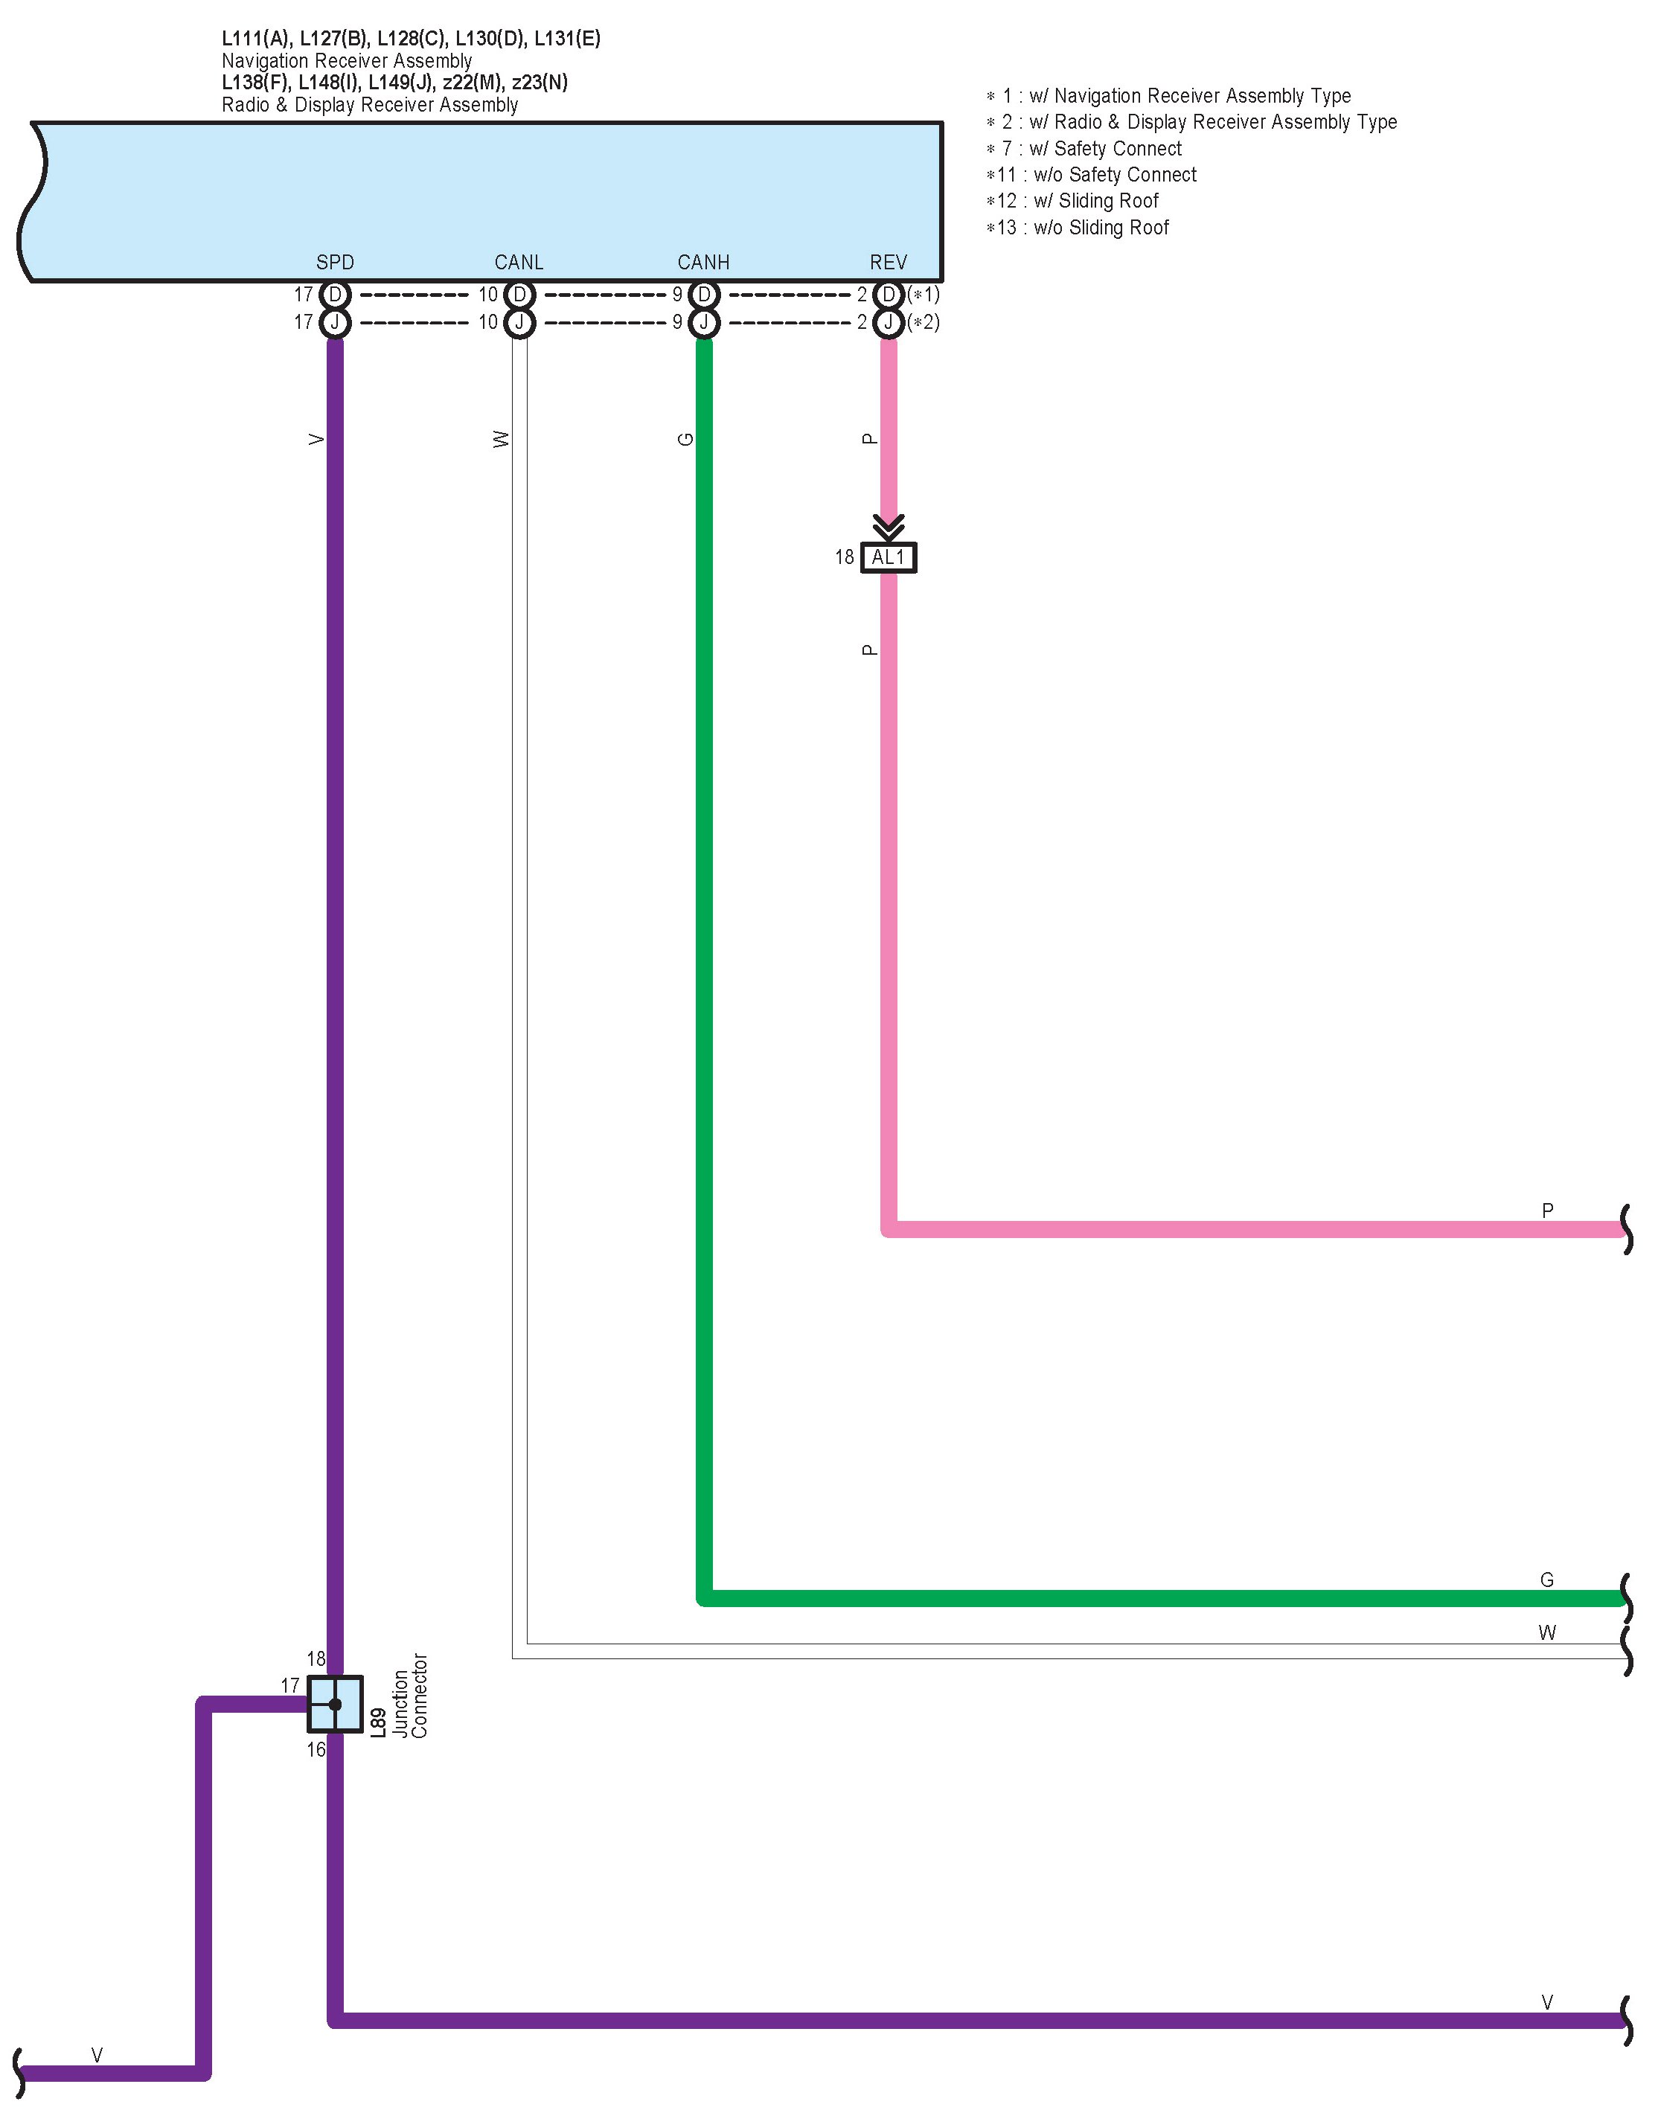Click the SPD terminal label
pos(335,262)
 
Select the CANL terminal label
pos(519,262)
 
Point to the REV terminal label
pos(889,262)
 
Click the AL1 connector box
pos(889,557)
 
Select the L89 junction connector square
pos(335,1704)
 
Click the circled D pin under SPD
pos(335,294)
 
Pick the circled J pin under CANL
pos(519,322)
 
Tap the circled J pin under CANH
pos(704,322)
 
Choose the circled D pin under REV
pos(889,294)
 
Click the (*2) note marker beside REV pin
pos(924,322)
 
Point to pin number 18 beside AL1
pos(845,557)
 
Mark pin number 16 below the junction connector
pos(316,1749)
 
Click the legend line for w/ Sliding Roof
pos(1072,201)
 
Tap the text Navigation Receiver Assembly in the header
pos(347,60)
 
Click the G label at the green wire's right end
pos(1546,1580)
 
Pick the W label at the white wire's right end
pos(1546,1632)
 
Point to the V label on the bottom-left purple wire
pos(97,2055)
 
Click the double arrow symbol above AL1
pos(889,527)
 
